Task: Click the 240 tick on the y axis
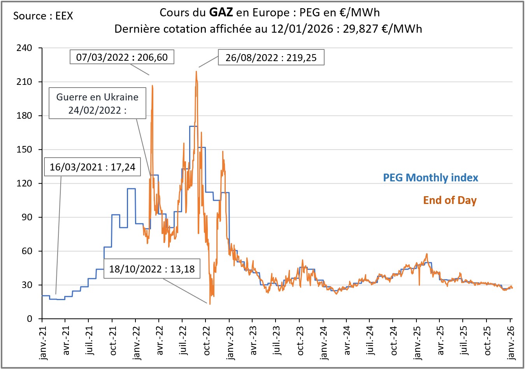pyautogui.click(x=24, y=48)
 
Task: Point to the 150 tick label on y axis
pyautogui.click(x=24, y=149)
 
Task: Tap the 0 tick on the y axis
pyautogui.click(x=30, y=319)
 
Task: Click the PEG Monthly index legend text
pyautogui.click(x=430, y=178)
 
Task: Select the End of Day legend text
pyautogui.click(x=449, y=200)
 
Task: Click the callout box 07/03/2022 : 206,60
pyautogui.click(x=122, y=58)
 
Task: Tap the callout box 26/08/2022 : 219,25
pyautogui.click(x=271, y=58)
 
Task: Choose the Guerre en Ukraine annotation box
pyautogui.click(x=97, y=103)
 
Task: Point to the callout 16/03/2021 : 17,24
pyautogui.click(x=93, y=167)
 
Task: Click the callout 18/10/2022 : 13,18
pyautogui.click(x=152, y=269)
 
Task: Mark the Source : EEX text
pyautogui.click(x=43, y=16)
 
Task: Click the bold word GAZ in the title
pyautogui.click(x=221, y=12)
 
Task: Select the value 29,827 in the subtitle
pyautogui.click(x=360, y=29)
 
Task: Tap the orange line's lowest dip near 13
pyautogui.click(x=210, y=304)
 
